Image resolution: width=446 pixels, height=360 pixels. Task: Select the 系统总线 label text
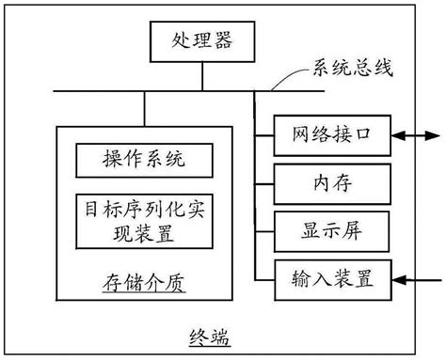point(347,69)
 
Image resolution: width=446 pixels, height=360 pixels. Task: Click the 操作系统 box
point(144,161)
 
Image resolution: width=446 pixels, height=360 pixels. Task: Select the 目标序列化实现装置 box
point(144,222)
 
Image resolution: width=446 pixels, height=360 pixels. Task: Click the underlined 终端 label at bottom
point(209,337)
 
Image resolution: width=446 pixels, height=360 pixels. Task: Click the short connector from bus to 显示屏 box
point(263,228)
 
